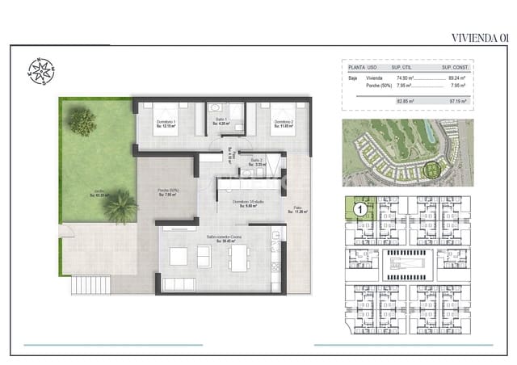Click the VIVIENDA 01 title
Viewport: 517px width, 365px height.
pos(480,37)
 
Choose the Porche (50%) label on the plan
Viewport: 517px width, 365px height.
pos(168,192)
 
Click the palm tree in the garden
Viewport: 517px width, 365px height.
pos(120,205)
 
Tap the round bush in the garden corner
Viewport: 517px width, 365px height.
pos(82,122)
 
